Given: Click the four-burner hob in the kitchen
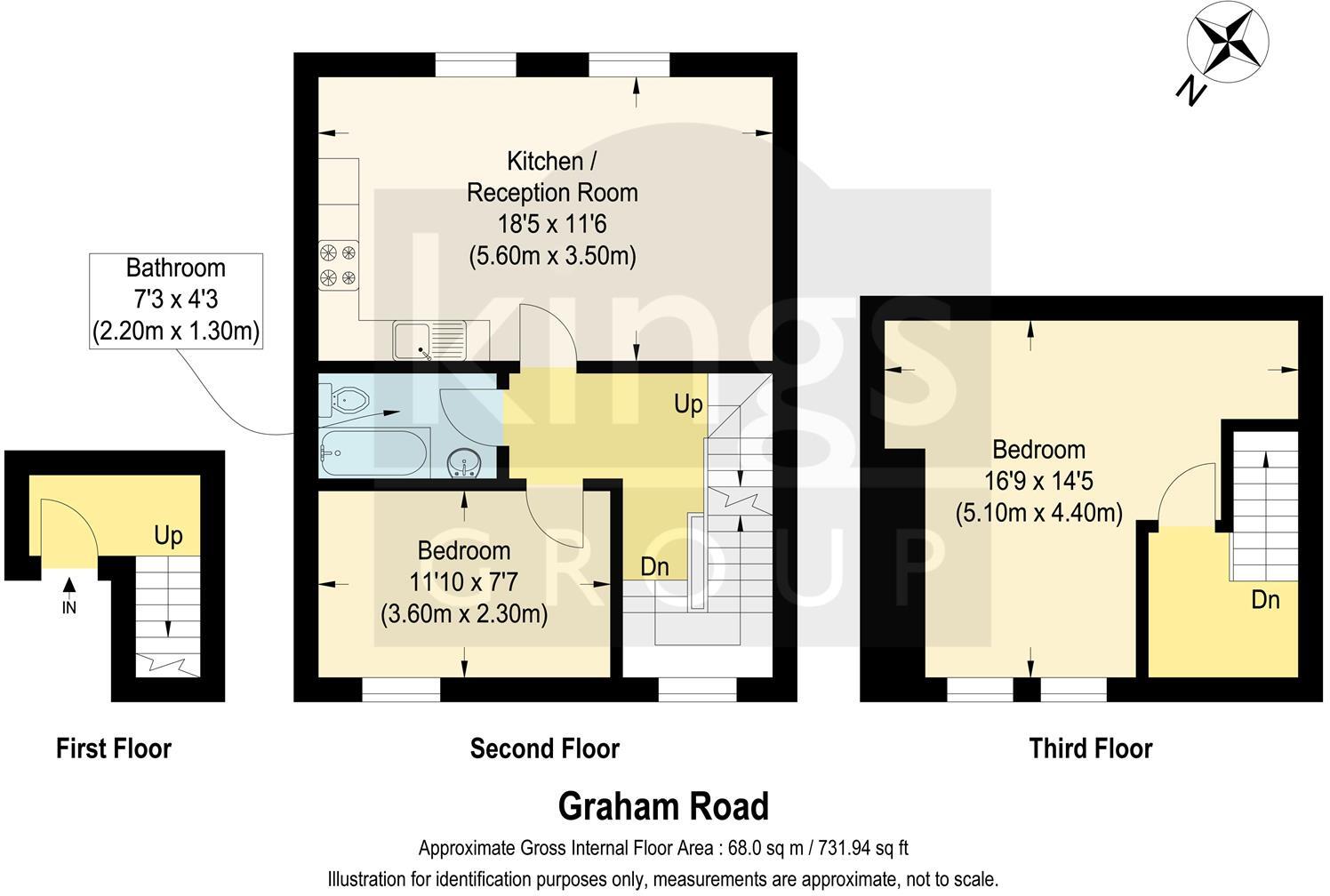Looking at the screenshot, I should pos(339,265).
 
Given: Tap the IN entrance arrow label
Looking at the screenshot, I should pos(68,607).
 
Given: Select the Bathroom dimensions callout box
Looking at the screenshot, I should pos(176,300).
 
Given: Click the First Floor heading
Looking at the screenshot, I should pos(113,748).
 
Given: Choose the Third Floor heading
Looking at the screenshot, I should pos(1090,748).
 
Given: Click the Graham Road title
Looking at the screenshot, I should pos(663,806).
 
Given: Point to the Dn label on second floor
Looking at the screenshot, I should pos(654,566).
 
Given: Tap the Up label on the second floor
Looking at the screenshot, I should pos(688,404).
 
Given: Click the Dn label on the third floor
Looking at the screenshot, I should pos(1265,600).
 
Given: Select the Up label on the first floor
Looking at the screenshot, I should pos(168,536).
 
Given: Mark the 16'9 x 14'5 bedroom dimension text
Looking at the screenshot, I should pos(1038,481).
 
